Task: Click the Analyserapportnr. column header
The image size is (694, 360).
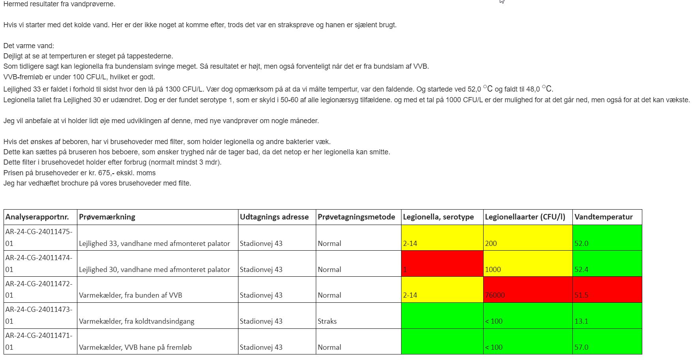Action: (37, 217)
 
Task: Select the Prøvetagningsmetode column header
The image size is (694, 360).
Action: (356, 217)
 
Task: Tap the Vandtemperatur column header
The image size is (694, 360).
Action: (603, 217)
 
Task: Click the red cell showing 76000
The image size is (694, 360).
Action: (527, 290)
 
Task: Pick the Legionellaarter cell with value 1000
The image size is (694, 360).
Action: (527, 264)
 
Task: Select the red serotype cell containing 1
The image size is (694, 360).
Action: (442, 264)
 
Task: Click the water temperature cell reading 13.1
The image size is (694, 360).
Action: (607, 316)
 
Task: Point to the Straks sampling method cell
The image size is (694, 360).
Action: (327, 321)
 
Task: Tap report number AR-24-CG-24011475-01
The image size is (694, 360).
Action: (39, 238)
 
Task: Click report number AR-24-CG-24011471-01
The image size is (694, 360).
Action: (39, 341)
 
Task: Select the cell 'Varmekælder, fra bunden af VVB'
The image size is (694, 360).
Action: (131, 295)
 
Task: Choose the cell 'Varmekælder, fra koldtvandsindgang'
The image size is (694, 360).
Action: (137, 321)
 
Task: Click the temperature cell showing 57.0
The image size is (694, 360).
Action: (607, 342)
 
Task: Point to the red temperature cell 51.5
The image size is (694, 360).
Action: (607, 290)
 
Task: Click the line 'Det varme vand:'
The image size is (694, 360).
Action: (29, 46)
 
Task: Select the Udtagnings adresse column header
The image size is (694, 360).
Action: (274, 217)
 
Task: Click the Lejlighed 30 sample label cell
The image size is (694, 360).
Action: (154, 269)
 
